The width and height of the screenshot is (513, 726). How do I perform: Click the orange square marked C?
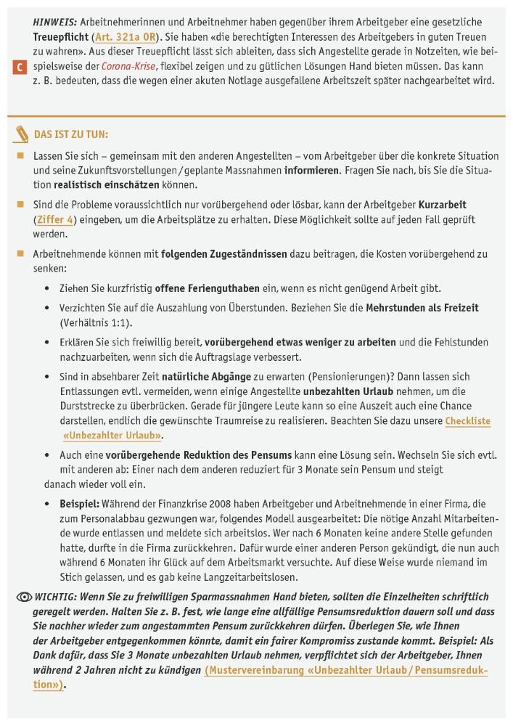point(20,67)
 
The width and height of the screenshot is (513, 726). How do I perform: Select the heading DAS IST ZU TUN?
point(71,134)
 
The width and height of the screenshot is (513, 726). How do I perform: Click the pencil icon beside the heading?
point(21,134)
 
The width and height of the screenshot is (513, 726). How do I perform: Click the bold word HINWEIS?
point(55,22)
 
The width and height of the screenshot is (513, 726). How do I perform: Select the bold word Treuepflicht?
point(60,36)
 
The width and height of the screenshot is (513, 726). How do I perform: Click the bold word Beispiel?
point(79,503)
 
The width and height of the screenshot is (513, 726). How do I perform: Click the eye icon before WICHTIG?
point(23,597)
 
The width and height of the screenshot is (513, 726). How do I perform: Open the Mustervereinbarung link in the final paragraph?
point(345,670)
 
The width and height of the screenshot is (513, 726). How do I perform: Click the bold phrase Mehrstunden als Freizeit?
point(422,308)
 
